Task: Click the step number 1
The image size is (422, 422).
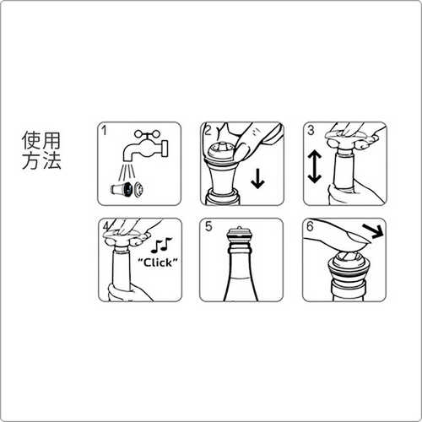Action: coord(105,131)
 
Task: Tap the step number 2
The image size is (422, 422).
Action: coord(208,131)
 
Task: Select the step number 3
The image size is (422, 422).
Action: coord(311,130)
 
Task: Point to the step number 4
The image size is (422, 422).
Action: coord(106,226)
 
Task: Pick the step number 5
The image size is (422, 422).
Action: coord(208,226)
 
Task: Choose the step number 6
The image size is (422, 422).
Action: coord(310,226)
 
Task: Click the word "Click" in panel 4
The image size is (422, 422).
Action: coord(158,262)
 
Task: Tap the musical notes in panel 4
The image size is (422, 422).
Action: coord(161,246)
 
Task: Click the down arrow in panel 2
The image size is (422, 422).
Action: coord(257,179)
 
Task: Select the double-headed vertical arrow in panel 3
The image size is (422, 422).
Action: coord(314,166)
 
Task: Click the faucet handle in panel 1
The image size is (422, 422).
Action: coord(146,134)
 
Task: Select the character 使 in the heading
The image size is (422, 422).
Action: coord(31,141)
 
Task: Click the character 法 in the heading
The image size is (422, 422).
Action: coord(51,160)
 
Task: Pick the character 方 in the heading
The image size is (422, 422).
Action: coord(31,160)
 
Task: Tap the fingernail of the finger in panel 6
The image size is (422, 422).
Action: coord(357,238)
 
